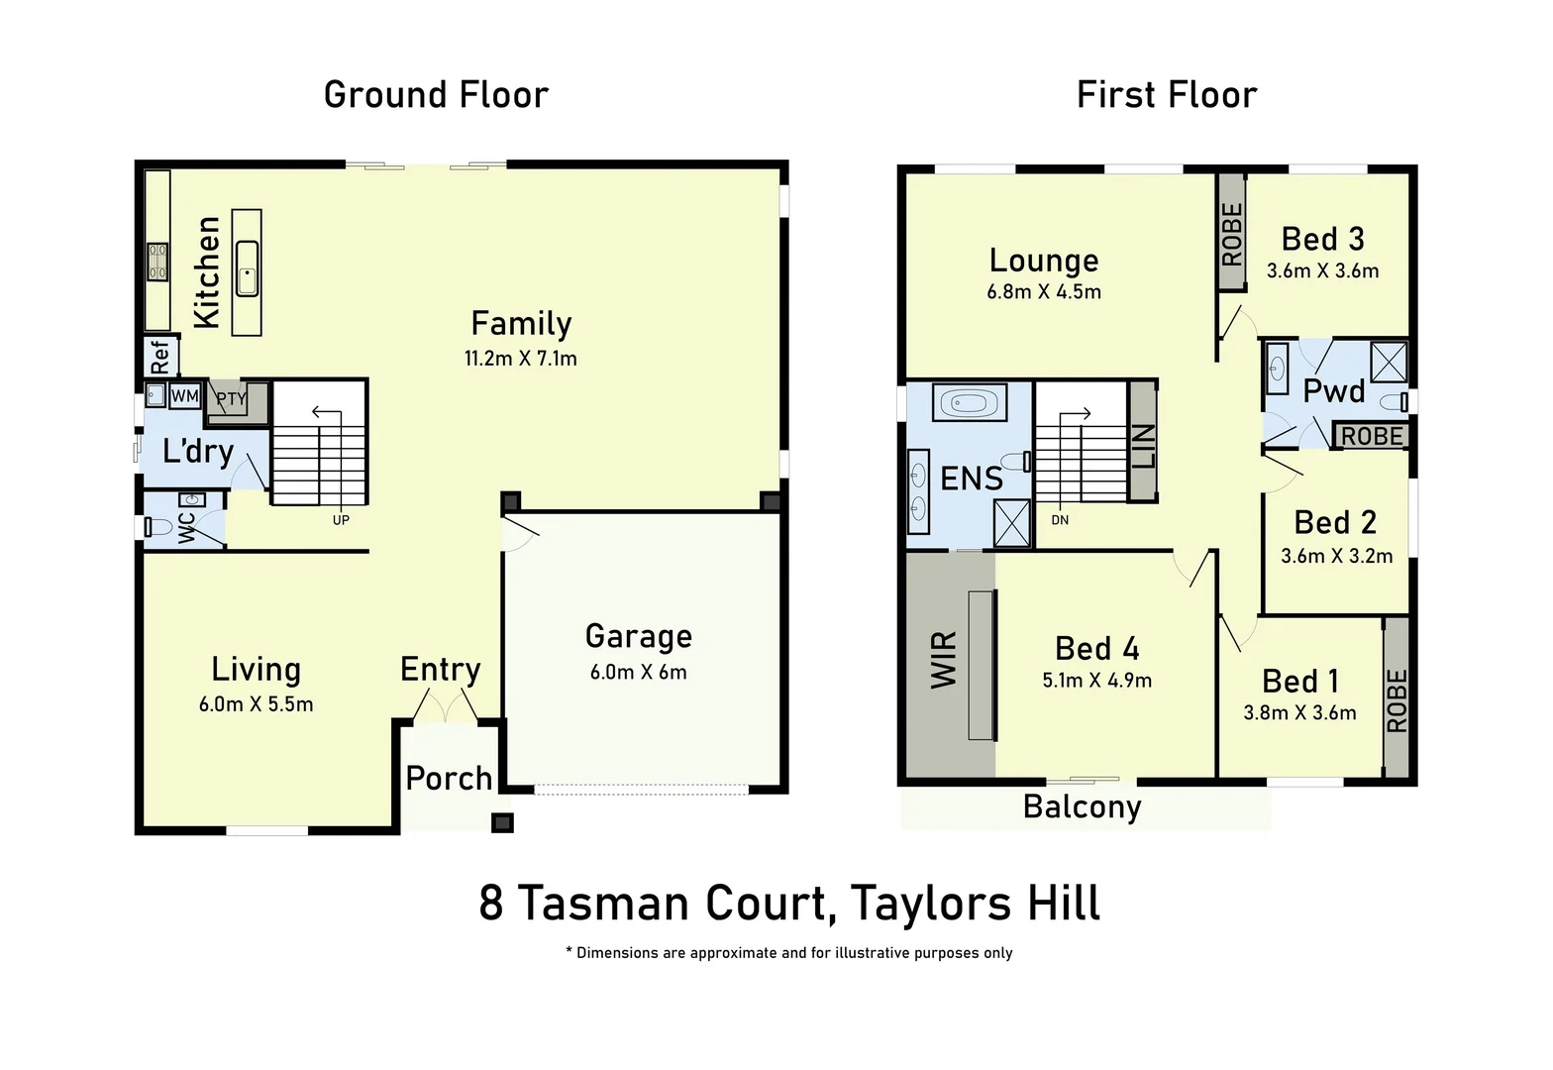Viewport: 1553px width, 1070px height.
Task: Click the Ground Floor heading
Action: click(436, 95)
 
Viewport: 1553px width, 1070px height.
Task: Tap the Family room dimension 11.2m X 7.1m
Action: click(521, 359)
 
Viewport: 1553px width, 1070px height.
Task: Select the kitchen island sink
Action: click(247, 268)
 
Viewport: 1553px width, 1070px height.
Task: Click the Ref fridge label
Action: click(159, 357)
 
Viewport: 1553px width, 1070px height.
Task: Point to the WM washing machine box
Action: click(185, 396)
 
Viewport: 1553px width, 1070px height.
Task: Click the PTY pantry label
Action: click(231, 399)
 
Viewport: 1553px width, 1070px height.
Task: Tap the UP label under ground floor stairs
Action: click(341, 520)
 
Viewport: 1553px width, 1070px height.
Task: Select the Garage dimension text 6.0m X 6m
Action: click(638, 673)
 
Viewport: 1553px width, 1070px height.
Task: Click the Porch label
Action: click(449, 779)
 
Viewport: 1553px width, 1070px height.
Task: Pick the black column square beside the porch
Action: click(503, 822)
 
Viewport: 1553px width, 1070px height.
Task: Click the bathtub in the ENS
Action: click(970, 403)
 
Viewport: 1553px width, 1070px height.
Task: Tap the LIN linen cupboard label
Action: click(1142, 446)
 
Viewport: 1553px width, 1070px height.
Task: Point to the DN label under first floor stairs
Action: click(1060, 520)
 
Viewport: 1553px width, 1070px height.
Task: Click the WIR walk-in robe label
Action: click(944, 660)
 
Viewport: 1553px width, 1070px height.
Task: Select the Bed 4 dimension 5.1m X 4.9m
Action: click(1096, 681)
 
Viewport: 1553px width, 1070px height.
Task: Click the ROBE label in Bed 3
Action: click(1231, 235)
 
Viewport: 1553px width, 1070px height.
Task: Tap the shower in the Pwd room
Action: click(1389, 361)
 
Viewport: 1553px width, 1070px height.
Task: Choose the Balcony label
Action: click(1082, 807)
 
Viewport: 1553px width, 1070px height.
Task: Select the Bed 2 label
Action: click(1335, 523)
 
